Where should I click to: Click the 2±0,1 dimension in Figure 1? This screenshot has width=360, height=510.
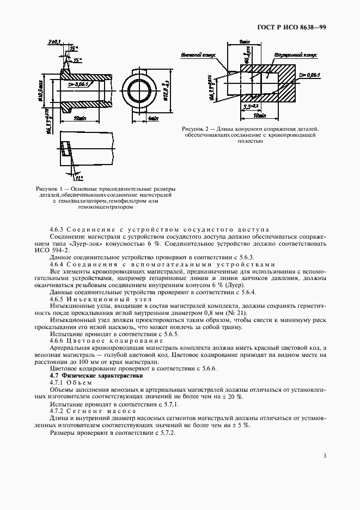[x=54, y=41]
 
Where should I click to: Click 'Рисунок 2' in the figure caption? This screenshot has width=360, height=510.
[x=197, y=129]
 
